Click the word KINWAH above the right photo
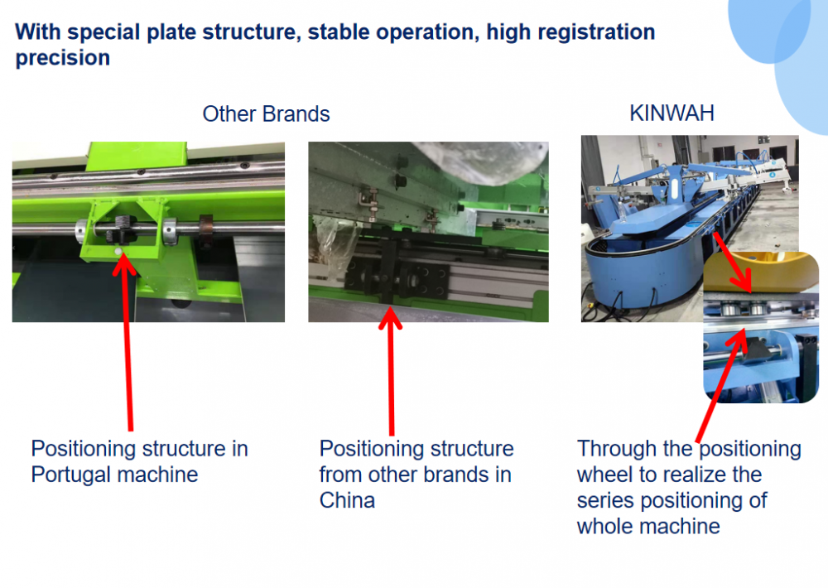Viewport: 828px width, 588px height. pos(672,113)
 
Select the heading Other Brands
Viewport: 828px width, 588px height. pos(266,114)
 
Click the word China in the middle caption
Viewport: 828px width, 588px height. pos(347,500)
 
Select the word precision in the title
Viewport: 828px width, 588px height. pos(63,58)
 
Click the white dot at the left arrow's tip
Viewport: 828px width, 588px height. pos(119,250)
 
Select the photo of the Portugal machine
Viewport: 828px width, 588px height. pos(148,232)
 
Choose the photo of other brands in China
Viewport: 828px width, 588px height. pos(428,232)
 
